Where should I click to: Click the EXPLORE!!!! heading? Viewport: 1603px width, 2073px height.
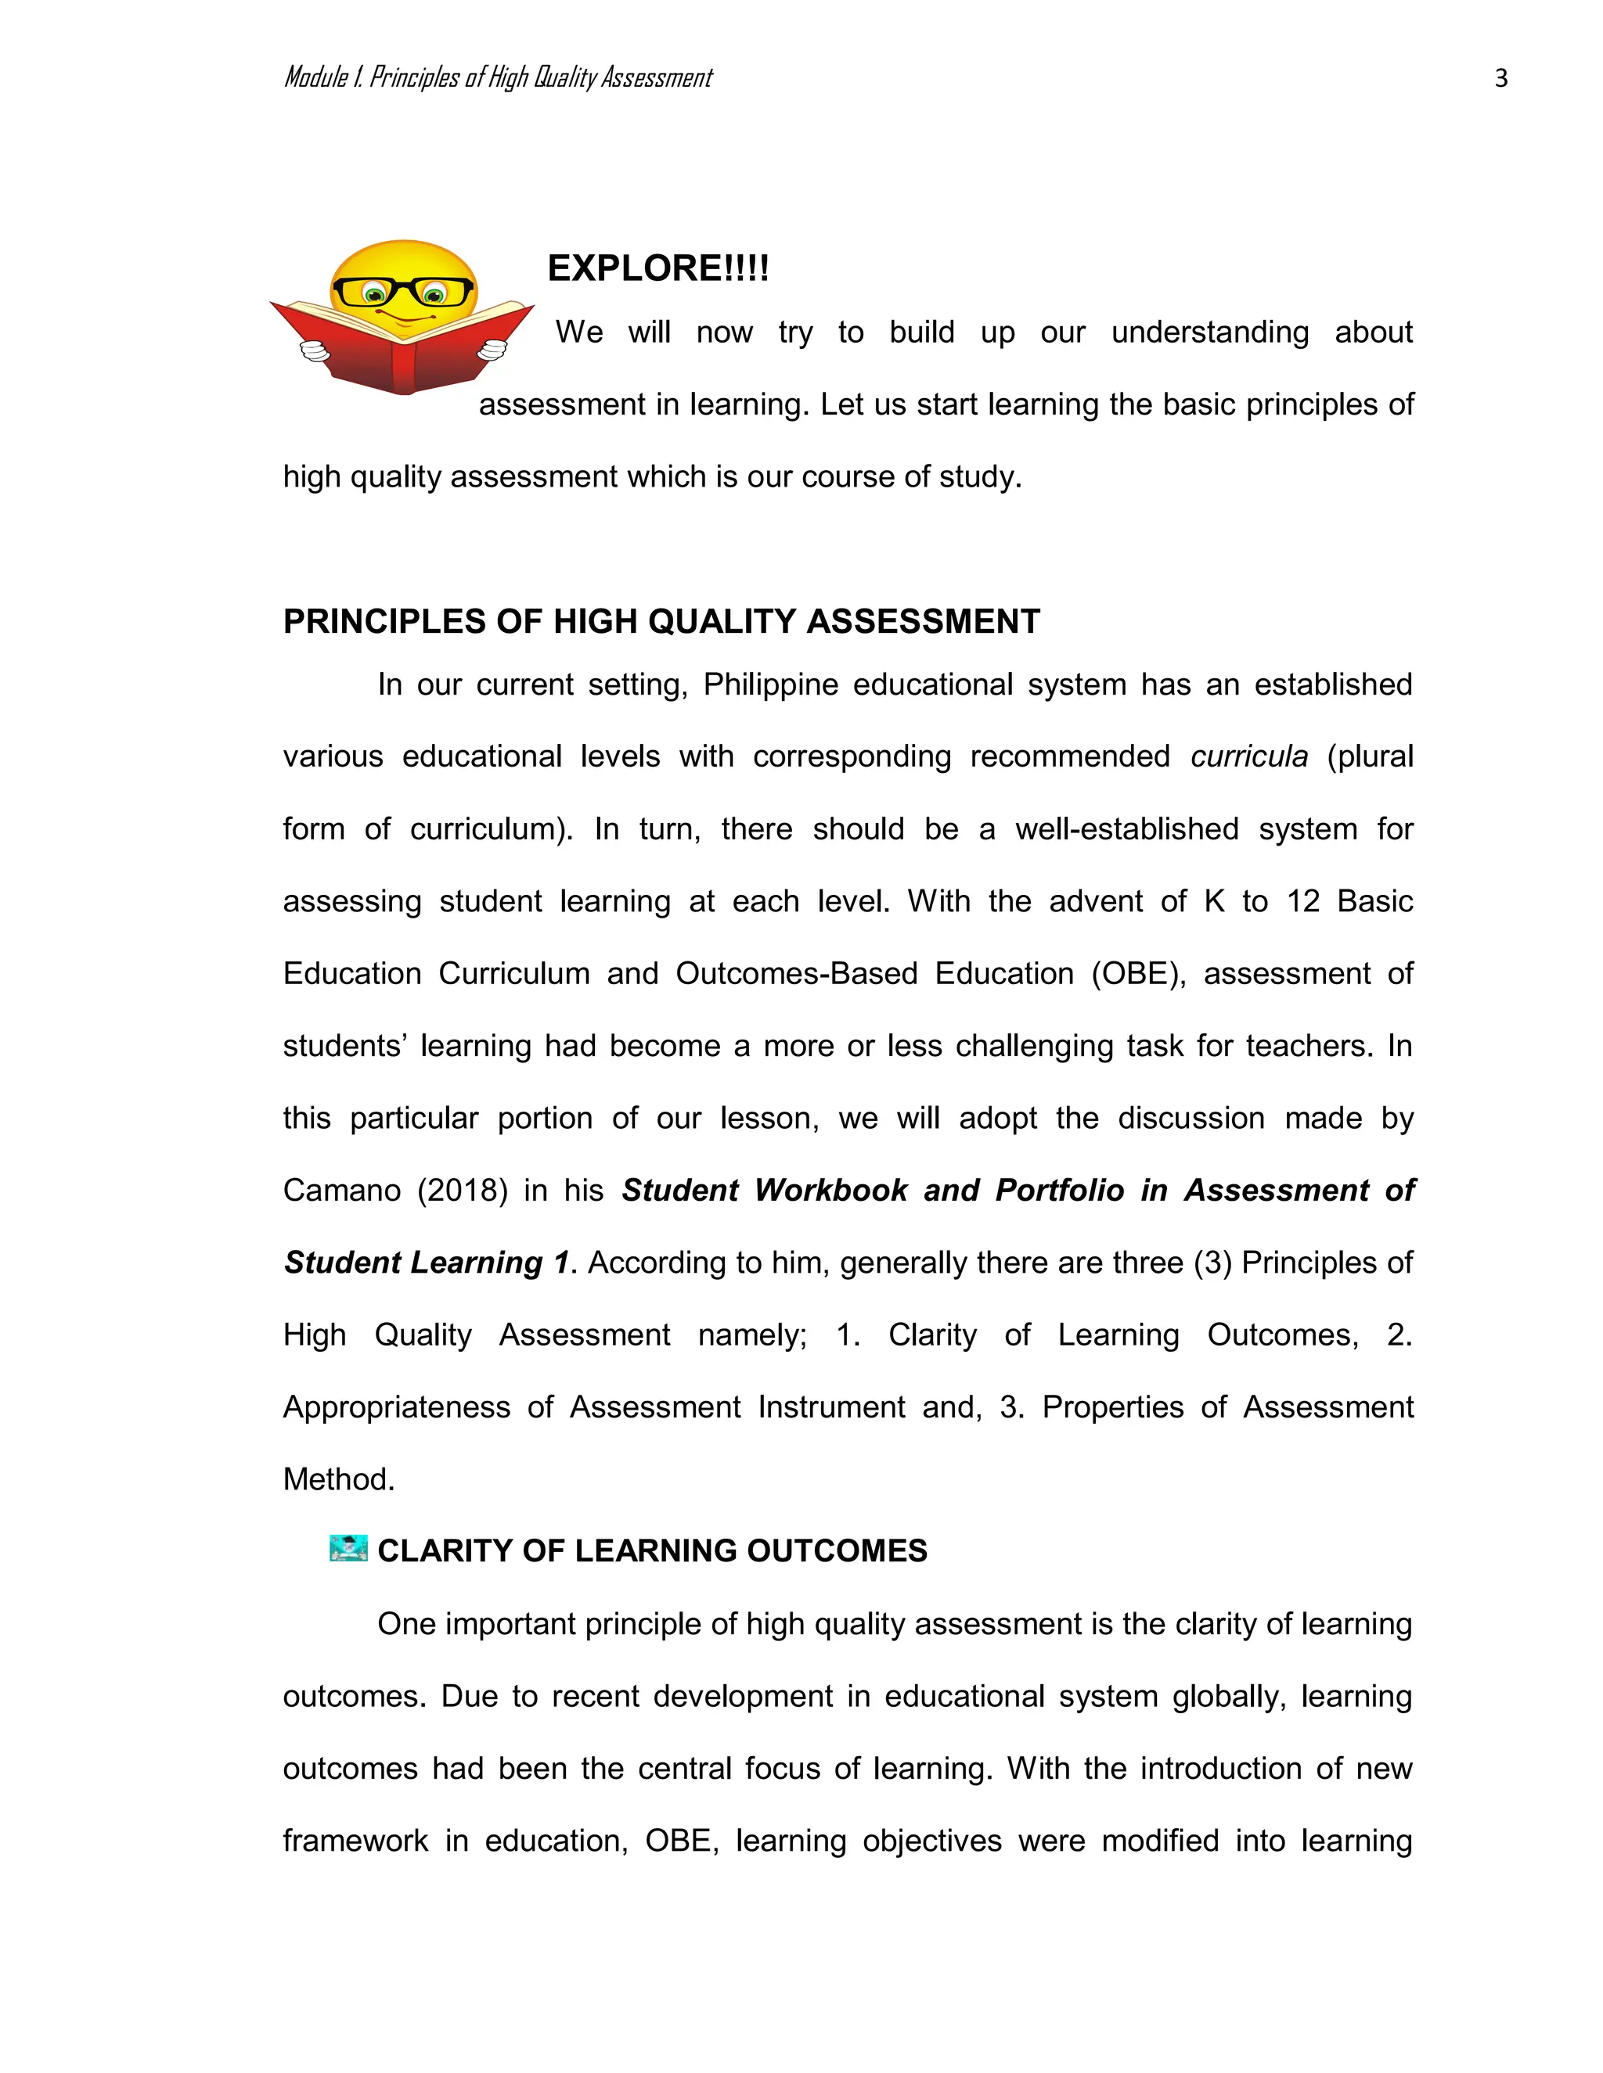[x=658, y=268]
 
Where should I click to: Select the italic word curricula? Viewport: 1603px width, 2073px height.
[x=1248, y=756]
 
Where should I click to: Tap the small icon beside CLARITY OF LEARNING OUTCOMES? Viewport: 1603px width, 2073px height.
[x=348, y=1548]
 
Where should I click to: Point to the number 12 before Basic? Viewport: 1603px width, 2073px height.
[x=1303, y=900]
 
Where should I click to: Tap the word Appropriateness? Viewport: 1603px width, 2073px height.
[x=396, y=1407]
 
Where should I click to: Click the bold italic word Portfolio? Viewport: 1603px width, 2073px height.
[x=1059, y=1191]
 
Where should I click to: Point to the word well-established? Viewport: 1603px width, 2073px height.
[x=1126, y=828]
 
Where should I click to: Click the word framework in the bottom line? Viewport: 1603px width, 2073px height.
[x=355, y=1841]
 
